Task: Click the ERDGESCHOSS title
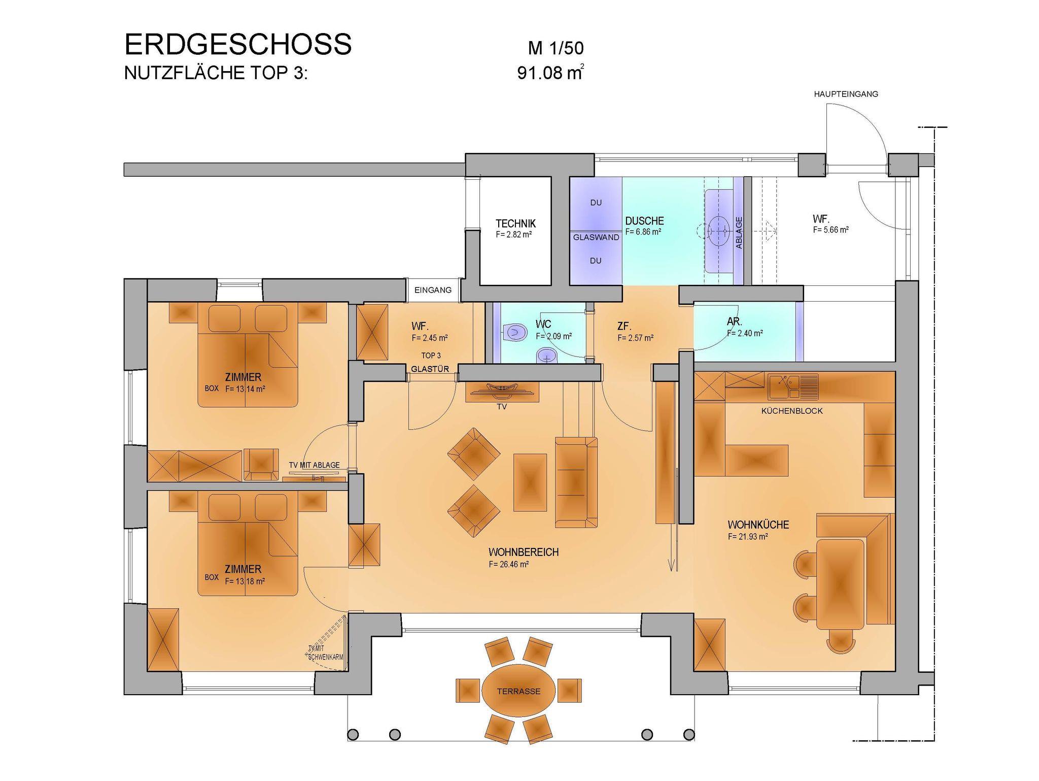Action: pyautogui.click(x=238, y=44)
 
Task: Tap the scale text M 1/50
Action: pyautogui.click(x=556, y=49)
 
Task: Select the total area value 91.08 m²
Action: pyautogui.click(x=550, y=73)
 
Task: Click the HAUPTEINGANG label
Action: pyautogui.click(x=846, y=94)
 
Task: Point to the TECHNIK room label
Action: pyautogui.click(x=515, y=223)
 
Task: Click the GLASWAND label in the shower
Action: pyautogui.click(x=596, y=237)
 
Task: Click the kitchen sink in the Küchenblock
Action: pyautogui.click(x=793, y=386)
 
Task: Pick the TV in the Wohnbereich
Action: pyautogui.click(x=502, y=389)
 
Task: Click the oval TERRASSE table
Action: pyautogui.click(x=518, y=691)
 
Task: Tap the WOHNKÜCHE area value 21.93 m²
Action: pyautogui.click(x=747, y=536)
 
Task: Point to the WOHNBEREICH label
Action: pyautogui.click(x=524, y=552)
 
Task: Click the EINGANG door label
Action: pyautogui.click(x=433, y=290)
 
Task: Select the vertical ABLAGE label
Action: pyautogui.click(x=739, y=233)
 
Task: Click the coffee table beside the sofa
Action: pyautogui.click(x=530, y=482)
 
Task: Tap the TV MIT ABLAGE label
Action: pyautogui.click(x=314, y=465)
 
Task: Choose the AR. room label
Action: pyautogui.click(x=735, y=321)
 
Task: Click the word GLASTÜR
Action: pyautogui.click(x=430, y=369)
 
